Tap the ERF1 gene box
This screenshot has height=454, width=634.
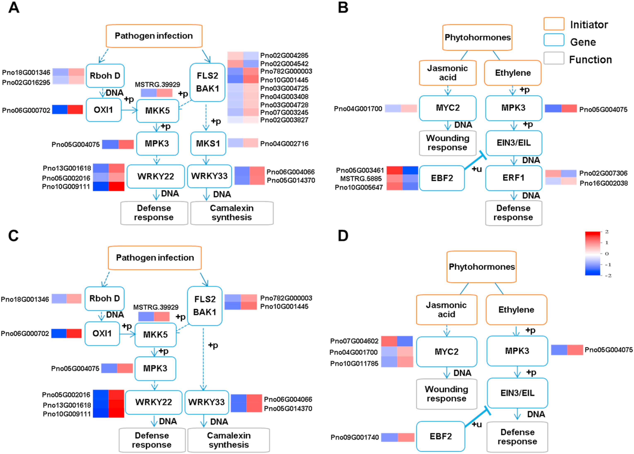tap(513, 178)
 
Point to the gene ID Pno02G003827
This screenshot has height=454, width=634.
tap(284, 120)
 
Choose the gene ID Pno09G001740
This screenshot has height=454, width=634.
tap(355, 437)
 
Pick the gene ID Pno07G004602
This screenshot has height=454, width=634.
tap(354, 341)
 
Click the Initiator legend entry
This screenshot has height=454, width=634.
tap(589, 25)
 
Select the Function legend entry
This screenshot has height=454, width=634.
tap(590, 59)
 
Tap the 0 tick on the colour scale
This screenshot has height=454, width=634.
tap(607, 254)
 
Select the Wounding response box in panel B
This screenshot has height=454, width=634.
tap(447, 143)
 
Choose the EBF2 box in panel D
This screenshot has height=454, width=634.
tap(440, 436)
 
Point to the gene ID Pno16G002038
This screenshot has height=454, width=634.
tap(604, 183)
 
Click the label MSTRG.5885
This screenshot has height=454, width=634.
tap(361, 179)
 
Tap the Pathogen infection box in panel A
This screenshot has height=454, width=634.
tap(154, 36)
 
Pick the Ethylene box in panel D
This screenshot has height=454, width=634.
tap(516, 310)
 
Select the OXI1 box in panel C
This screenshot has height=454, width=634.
tap(102, 334)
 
